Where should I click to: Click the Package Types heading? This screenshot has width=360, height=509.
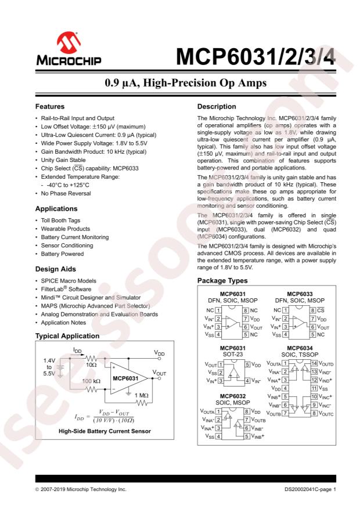point(225,281)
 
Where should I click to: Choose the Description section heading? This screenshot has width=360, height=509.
point(218,107)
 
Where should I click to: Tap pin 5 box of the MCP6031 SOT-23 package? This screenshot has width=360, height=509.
point(247,364)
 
